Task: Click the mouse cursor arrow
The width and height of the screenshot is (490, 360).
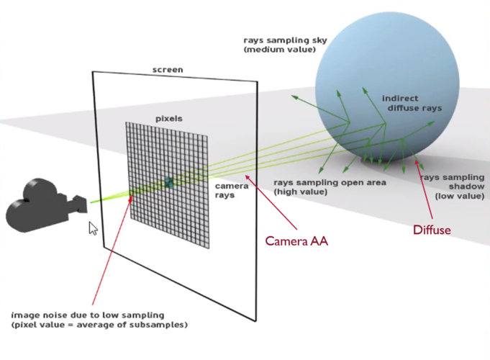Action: point(93,229)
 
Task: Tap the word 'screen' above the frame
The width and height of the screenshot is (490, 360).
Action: point(167,70)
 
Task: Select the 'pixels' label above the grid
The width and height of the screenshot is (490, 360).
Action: point(169,117)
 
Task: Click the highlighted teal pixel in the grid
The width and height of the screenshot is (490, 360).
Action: point(168,184)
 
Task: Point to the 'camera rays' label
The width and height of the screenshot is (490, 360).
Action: point(232,190)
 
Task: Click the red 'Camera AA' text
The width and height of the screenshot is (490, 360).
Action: point(297,241)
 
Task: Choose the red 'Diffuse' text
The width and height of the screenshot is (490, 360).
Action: point(431,230)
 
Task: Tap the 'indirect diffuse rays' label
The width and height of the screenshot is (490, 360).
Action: point(411,103)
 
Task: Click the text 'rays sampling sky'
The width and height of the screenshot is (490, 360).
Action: point(280,41)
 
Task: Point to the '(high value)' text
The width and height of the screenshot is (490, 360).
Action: point(301,192)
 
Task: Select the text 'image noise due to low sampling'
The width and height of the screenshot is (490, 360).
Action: point(88,315)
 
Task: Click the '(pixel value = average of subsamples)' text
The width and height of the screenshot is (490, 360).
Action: point(99,325)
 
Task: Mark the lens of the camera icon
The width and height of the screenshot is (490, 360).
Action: point(80,205)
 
